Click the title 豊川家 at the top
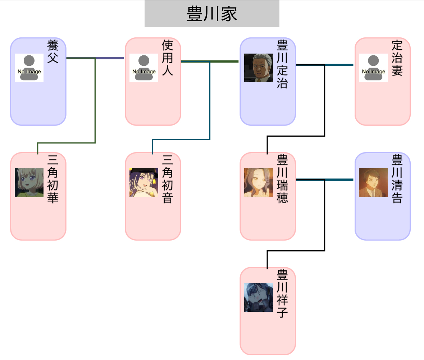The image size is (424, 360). [212, 14]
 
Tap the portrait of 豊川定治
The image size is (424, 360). [258, 68]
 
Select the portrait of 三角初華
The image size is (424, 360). [29, 182]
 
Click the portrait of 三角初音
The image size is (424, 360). [143, 182]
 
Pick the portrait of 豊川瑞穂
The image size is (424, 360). [258, 182]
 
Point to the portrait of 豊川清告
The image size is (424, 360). [373, 182]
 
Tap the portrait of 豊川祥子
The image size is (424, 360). [258, 297]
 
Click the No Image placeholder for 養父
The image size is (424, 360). [29, 68]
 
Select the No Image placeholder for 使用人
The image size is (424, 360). [143, 68]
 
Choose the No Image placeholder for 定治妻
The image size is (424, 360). [373, 68]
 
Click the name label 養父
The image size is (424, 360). [53, 51]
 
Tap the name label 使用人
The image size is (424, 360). [167, 58]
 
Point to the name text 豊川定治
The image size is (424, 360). [282, 64]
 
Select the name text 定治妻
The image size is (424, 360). [397, 58]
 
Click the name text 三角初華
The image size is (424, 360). [53, 179]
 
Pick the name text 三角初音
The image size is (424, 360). [167, 179]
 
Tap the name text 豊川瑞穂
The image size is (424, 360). [282, 179]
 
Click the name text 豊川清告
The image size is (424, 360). [397, 179]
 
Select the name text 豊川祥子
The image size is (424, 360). [282, 293]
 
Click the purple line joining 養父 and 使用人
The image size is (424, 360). [109, 58]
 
